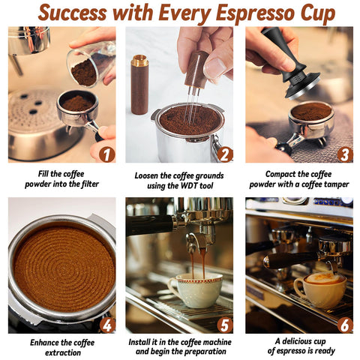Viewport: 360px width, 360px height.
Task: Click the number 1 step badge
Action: (x=106, y=154)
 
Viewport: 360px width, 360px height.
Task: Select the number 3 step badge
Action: (x=343, y=154)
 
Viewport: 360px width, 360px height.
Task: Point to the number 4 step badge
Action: (x=106, y=325)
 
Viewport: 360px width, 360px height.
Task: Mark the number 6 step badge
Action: (x=343, y=325)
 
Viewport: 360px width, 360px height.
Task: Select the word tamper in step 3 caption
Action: (x=334, y=184)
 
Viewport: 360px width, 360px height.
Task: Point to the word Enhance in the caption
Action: (x=43, y=342)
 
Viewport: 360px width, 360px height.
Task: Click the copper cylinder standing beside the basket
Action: (x=139, y=82)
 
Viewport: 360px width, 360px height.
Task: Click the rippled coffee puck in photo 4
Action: (x=62, y=267)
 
